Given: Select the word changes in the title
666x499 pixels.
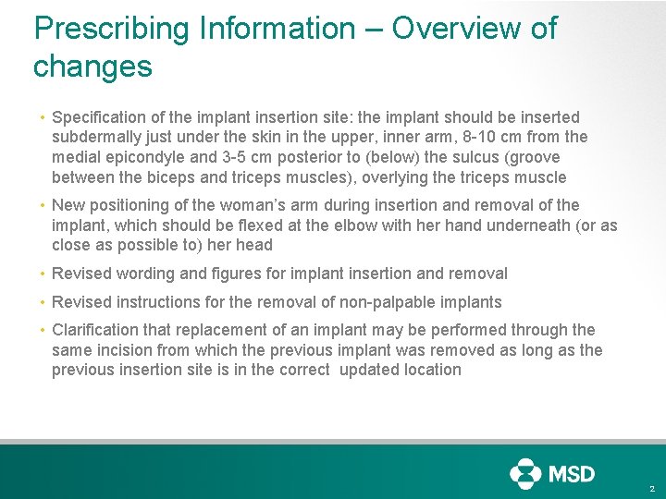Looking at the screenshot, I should [92, 67].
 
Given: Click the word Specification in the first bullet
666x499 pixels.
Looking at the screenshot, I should [99, 117].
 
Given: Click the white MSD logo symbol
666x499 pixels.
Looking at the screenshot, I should [525, 473].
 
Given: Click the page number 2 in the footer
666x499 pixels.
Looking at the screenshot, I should [652, 488].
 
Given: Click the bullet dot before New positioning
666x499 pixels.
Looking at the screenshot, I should [43, 206].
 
